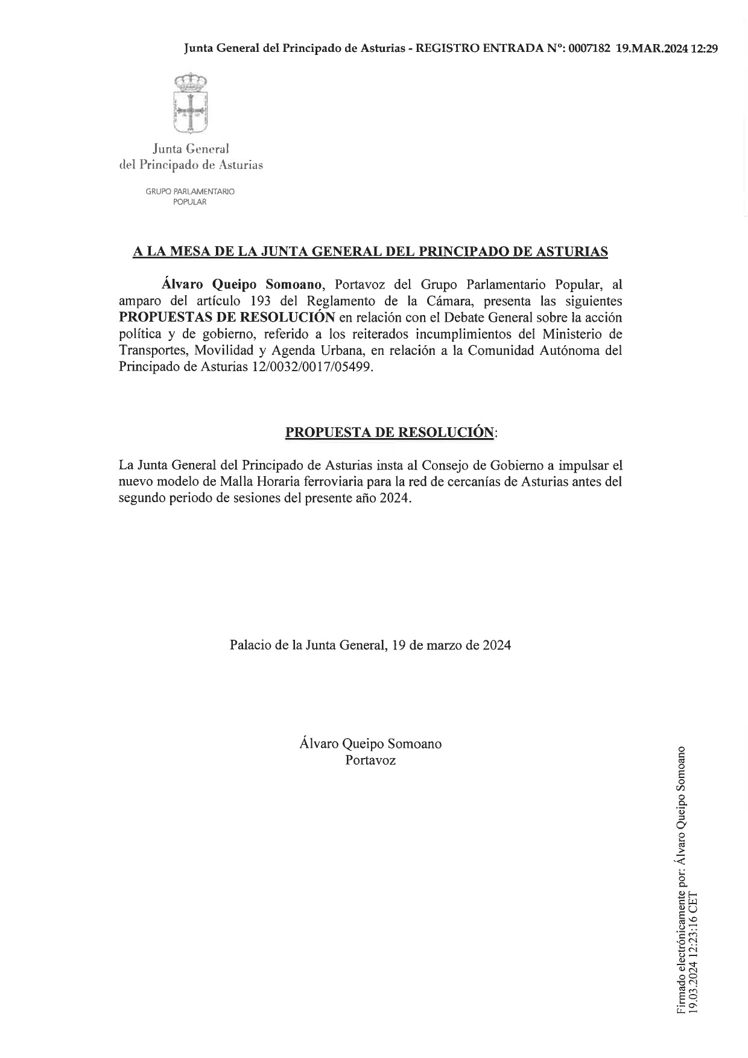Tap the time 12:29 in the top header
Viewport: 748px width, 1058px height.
pos(704,49)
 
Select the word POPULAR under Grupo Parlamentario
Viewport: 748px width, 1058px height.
pos(190,202)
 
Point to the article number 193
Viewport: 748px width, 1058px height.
pos(260,301)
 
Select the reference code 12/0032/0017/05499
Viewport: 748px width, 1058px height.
pos(311,367)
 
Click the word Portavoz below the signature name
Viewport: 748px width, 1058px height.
pos(370,760)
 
